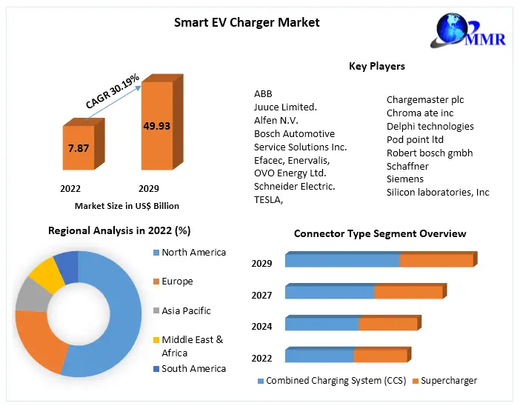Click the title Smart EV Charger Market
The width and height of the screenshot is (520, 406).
(247, 22)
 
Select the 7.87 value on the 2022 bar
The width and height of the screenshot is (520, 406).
(79, 148)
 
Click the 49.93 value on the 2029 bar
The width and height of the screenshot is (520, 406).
(157, 126)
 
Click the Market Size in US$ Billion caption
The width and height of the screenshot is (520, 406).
(127, 206)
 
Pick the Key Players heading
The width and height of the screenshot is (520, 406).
(377, 66)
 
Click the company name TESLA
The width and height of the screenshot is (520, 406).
(268, 199)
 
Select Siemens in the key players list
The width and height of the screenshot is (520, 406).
(405, 179)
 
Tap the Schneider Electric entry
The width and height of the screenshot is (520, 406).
(294, 186)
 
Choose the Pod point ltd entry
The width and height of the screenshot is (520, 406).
(415, 139)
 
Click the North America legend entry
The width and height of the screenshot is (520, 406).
(193, 252)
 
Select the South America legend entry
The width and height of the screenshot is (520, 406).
(193, 368)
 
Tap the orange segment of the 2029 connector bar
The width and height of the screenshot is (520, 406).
(436, 261)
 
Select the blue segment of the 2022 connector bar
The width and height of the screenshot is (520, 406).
(319, 356)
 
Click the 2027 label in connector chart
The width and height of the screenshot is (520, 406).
(261, 295)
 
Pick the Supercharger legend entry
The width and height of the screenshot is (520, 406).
(444, 381)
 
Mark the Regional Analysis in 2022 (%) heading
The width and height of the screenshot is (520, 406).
(119, 230)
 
